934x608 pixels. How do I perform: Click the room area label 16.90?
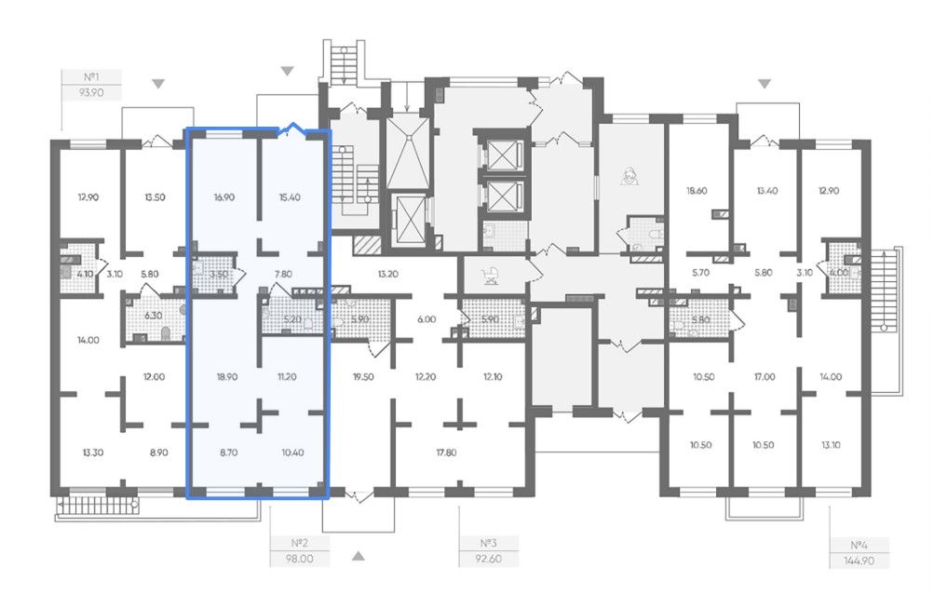(224, 197)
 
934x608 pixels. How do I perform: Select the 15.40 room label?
(290, 197)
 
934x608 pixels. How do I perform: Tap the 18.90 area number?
(227, 377)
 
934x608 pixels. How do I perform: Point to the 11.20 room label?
(287, 377)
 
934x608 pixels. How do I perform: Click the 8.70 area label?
(228, 453)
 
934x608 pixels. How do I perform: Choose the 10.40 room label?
(292, 453)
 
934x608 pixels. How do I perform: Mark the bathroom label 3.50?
(219, 275)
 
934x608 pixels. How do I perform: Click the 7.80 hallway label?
(283, 275)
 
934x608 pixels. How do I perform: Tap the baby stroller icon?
(491, 275)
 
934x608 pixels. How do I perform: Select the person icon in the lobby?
(629, 176)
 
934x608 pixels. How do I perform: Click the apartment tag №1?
(91, 77)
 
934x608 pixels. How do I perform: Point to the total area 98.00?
(299, 560)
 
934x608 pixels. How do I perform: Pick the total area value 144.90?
(859, 561)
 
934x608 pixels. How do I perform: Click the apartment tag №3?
(488, 543)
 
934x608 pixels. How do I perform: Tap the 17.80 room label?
(446, 453)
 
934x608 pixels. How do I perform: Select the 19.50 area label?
(363, 377)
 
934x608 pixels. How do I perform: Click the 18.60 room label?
(697, 191)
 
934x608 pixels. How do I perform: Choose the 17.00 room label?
(765, 377)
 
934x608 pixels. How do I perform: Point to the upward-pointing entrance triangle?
(358, 556)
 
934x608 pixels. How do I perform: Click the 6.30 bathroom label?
(153, 316)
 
